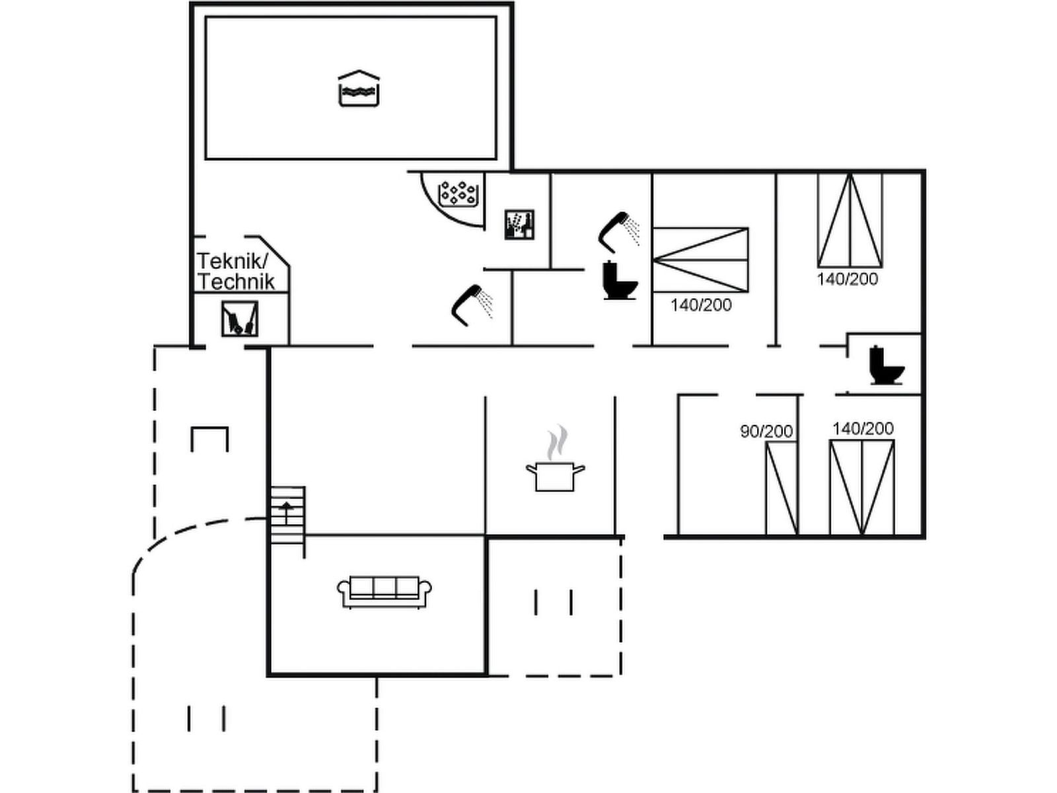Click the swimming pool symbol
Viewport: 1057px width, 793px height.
click(x=358, y=89)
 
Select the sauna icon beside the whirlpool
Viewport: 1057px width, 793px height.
click(x=519, y=225)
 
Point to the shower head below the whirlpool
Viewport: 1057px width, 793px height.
click(x=472, y=305)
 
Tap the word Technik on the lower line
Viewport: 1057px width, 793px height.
click(x=236, y=282)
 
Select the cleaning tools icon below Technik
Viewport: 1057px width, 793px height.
click(x=239, y=319)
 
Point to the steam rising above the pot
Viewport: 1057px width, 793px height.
click(x=556, y=441)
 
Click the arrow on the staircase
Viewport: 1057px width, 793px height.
click(x=287, y=508)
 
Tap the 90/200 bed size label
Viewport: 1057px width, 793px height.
click(x=766, y=432)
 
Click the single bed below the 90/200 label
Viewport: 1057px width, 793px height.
click(x=782, y=488)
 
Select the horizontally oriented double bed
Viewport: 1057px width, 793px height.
click(x=700, y=260)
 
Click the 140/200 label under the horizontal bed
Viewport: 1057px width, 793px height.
click(x=701, y=305)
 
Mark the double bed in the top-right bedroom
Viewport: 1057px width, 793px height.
click(x=850, y=220)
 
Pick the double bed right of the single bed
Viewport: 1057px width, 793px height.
click(x=862, y=487)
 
